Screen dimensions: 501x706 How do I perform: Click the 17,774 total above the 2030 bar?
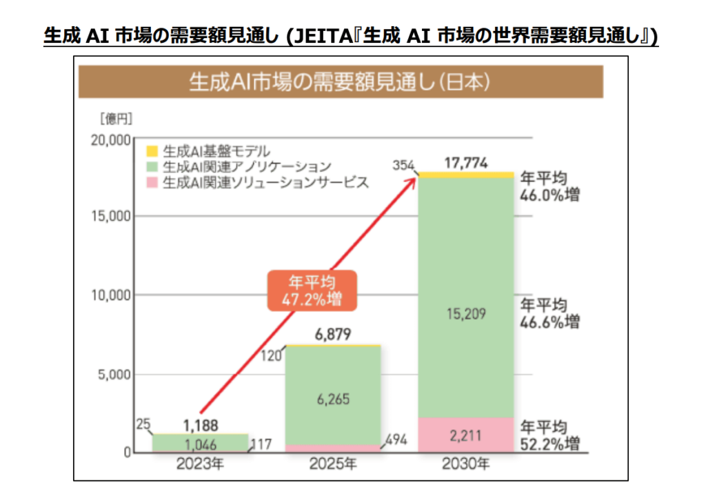[x=466, y=164]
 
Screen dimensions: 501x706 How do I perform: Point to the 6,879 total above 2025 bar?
[x=333, y=335]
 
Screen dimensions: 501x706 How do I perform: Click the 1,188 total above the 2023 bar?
[x=201, y=424]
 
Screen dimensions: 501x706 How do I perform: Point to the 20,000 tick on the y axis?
[x=110, y=140]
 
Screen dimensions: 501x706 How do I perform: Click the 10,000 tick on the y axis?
[x=110, y=296]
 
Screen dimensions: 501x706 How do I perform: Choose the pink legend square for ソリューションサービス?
[x=152, y=183]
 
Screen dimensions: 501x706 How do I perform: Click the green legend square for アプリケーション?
[x=152, y=167]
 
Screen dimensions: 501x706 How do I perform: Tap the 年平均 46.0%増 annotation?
[x=549, y=186]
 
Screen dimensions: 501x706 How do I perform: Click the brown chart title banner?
[x=340, y=82]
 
